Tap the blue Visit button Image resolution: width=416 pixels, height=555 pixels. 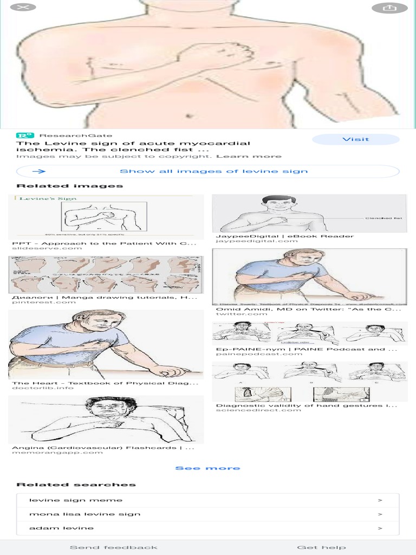tap(355, 139)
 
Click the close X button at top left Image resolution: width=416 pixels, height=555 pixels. tap(19, 8)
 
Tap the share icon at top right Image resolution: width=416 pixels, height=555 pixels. tap(389, 8)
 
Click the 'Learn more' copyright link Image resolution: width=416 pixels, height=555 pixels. tap(249, 157)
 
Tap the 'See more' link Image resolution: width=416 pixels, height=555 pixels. tap(207, 468)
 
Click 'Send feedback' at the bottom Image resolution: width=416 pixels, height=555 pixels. tap(113, 547)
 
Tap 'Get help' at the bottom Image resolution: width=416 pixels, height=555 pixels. tap(321, 547)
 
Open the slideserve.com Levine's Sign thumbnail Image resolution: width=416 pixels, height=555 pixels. tap(106, 216)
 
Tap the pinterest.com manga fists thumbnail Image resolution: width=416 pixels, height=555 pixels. tap(106, 274)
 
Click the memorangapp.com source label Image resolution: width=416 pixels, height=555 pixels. tap(57, 452)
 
